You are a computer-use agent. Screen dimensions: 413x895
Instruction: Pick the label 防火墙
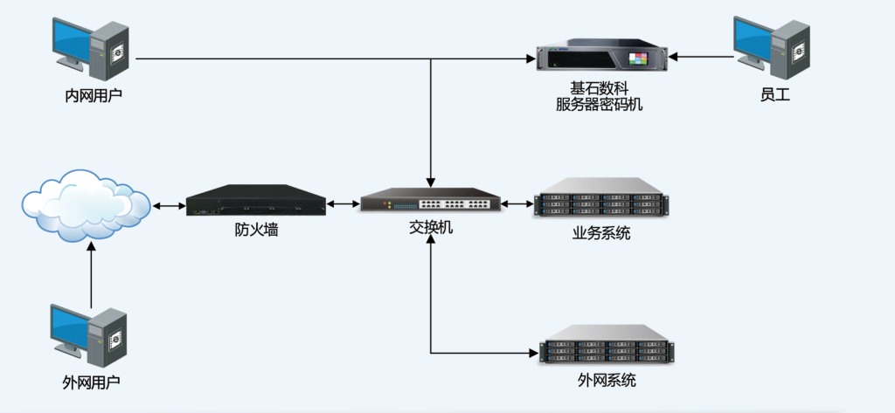(x=256, y=231)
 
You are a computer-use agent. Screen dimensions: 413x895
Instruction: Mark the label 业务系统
(x=601, y=233)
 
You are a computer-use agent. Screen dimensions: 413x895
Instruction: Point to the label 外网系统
(x=607, y=380)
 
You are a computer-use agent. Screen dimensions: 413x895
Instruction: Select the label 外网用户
(x=91, y=382)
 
